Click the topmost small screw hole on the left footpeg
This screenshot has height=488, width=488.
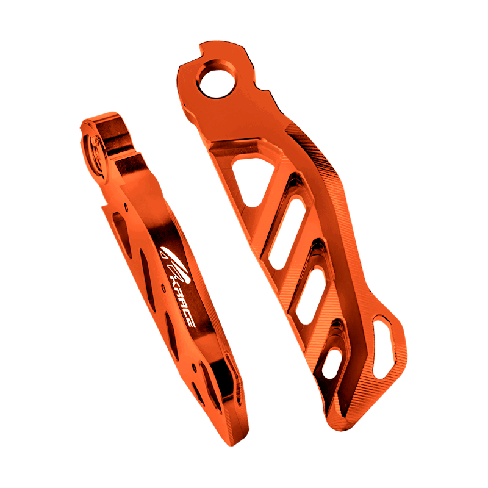126,207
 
